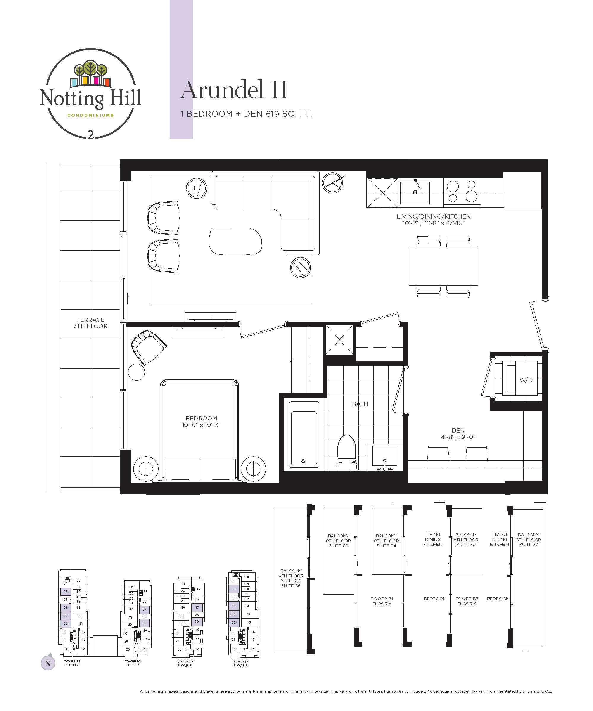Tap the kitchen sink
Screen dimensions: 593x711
click(415, 193)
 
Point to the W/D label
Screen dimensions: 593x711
click(526, 380)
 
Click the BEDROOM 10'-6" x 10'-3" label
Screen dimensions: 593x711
click(201, 422)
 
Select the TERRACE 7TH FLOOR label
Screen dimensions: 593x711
click(90, 323)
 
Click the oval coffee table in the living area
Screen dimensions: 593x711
click(235, 241)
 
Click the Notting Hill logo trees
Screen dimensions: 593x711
click(91, 69)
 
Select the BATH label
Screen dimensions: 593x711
click(360, 404)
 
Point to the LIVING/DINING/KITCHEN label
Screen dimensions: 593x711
click(433, 220)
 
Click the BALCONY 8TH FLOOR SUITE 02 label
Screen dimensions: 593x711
click(338, 541)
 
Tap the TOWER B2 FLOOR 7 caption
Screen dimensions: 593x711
click(133, 663)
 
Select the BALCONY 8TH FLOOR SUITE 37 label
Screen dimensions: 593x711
click(528, 540)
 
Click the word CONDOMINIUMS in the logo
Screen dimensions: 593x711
click(90, 115)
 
